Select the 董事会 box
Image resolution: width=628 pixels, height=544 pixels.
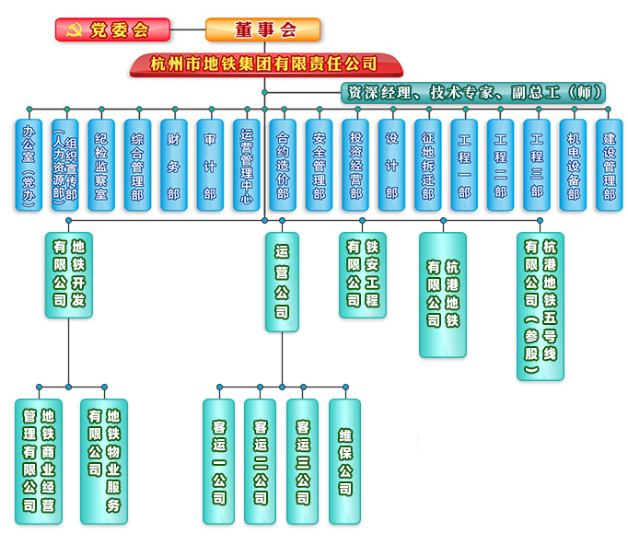coord(264,29)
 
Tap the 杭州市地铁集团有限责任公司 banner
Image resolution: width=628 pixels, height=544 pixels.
coord(264,64)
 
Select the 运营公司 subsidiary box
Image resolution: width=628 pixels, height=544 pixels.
coord(282,282)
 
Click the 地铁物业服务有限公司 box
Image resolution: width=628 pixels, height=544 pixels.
coord(104,460)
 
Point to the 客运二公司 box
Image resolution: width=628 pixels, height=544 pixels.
coord(260,460)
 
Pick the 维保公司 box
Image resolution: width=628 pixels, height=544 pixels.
coord(344,460)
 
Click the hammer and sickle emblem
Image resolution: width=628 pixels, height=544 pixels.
coord(73,30)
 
